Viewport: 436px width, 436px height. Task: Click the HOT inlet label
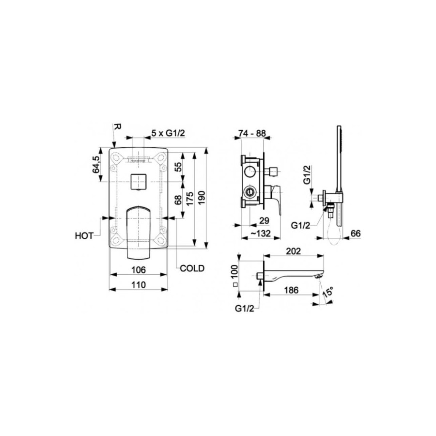(x=84, y=236)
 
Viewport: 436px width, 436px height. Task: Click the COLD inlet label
(x=192, y=268)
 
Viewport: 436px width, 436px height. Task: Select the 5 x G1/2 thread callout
(x=168, y=133)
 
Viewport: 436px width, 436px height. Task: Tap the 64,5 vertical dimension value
(x=96, y=164)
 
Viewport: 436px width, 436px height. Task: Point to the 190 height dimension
(x=202, y=198)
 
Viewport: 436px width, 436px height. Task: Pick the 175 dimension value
(x=190, y=198)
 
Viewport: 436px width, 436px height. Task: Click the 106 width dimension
(x=139, y=270)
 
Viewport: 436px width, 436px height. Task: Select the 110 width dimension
(x=139, y=285)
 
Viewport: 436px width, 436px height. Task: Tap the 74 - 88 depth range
(x=252, y=133)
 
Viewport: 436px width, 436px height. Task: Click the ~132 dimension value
(x=261, y=234)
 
